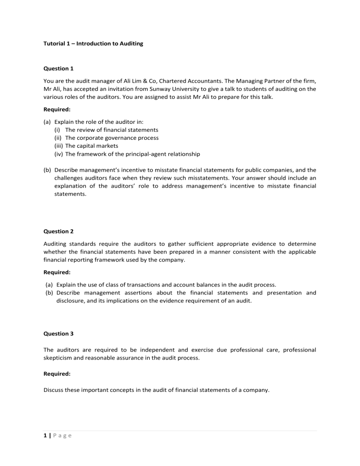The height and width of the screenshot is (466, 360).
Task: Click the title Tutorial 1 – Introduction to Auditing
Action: (x=93, y=44)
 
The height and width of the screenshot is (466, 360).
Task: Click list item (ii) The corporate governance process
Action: (x=106, y=138)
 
